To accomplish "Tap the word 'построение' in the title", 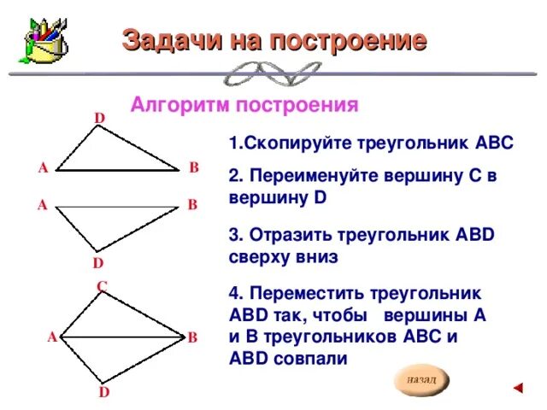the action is point(347,40).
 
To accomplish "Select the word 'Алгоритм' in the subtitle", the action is point(176,106).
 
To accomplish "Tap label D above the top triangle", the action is point(99,117).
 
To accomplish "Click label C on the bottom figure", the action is point(102,286).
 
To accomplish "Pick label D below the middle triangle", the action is point(98,262).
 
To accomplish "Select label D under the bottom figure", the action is point(103,392).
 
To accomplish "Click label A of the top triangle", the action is point(43,168).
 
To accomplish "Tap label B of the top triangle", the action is point(194,167).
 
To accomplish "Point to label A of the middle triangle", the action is point(42,205).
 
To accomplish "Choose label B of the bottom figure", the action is point(193,338).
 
